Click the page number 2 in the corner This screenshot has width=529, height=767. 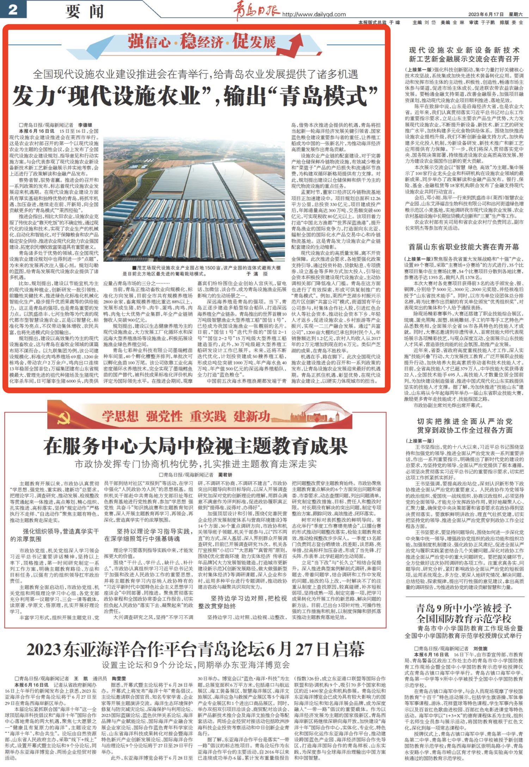13,9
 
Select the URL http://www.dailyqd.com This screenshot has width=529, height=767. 314,14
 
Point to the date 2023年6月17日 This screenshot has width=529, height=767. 486,14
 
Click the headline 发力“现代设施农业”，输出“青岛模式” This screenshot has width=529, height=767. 196,96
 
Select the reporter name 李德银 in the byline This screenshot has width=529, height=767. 85,125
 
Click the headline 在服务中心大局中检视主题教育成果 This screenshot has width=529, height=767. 196,446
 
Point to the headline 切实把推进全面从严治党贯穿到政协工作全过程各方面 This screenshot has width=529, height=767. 465,425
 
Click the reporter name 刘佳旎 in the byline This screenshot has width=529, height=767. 480,648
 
